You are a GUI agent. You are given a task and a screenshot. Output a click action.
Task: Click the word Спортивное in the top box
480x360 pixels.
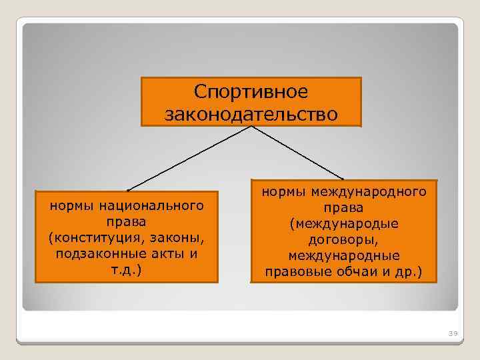[251, 92]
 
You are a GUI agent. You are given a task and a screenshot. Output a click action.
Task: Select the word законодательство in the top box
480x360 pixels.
[251, 115]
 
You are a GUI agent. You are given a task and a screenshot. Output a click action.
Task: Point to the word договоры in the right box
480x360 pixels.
[342, 240]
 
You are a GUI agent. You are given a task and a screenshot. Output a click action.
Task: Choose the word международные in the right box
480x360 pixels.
[344, 256]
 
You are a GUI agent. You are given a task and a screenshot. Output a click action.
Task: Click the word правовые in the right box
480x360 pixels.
[293, 272]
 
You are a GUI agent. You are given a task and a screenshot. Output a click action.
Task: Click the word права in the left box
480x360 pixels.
[126, 221]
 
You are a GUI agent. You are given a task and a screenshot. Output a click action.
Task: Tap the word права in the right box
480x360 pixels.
[344, 208]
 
